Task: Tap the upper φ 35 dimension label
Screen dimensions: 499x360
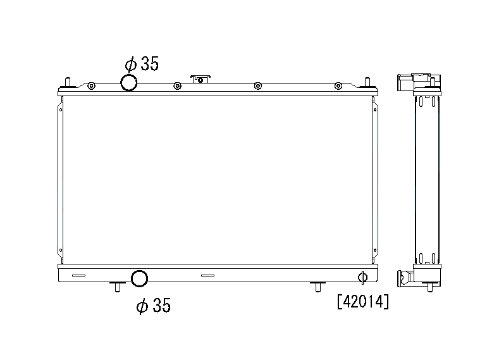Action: click(142, 64)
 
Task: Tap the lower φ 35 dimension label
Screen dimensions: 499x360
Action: click(154, 305)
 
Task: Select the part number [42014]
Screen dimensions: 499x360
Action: click(363, 301)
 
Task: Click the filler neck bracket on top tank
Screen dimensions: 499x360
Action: click(200, 79)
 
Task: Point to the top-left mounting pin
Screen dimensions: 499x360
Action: click(68, 82)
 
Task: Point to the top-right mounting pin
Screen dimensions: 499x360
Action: click(367, 82)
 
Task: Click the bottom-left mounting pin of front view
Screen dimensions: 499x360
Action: click(118, 287)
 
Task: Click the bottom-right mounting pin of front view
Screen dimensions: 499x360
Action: click(317, 287)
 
